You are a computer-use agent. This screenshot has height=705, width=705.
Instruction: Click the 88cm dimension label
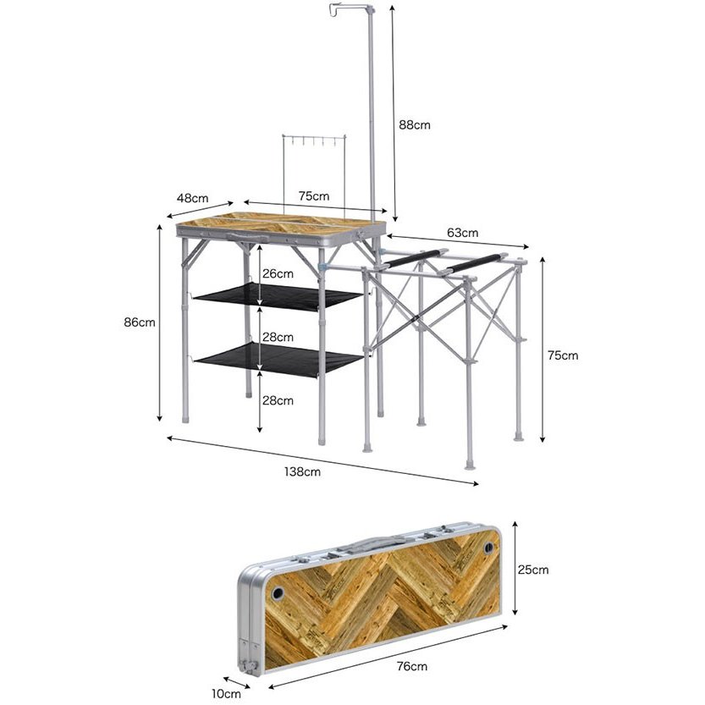tap(414, 124)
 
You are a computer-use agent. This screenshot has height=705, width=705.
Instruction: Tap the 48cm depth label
tap(192, 198)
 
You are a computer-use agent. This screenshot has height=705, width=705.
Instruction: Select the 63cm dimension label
tap(462, 233)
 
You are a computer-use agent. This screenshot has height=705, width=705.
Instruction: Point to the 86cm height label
tap(140, 322)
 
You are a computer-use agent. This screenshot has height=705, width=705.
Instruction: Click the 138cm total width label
tap(302, 471)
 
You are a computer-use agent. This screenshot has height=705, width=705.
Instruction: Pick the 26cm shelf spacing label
tap(278, 273)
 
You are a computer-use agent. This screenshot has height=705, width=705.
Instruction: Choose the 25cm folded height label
tap(533, 570)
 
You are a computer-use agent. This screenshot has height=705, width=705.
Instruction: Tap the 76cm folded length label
tap(412, 666)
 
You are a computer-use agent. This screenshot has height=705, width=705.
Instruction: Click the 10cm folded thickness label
tap(226, 693)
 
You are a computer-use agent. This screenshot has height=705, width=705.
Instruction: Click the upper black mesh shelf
tap(278, 296)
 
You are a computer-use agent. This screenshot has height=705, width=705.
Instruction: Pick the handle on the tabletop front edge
tap(247, 237)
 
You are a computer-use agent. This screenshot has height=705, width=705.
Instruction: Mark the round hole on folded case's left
tap(278, 594)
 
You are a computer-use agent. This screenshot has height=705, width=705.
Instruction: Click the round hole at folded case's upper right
tap(488, 548)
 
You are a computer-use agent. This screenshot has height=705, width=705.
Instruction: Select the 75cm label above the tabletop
tap(314, 196)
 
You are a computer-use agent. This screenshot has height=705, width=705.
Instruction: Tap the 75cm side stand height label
tap(563, 355)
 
